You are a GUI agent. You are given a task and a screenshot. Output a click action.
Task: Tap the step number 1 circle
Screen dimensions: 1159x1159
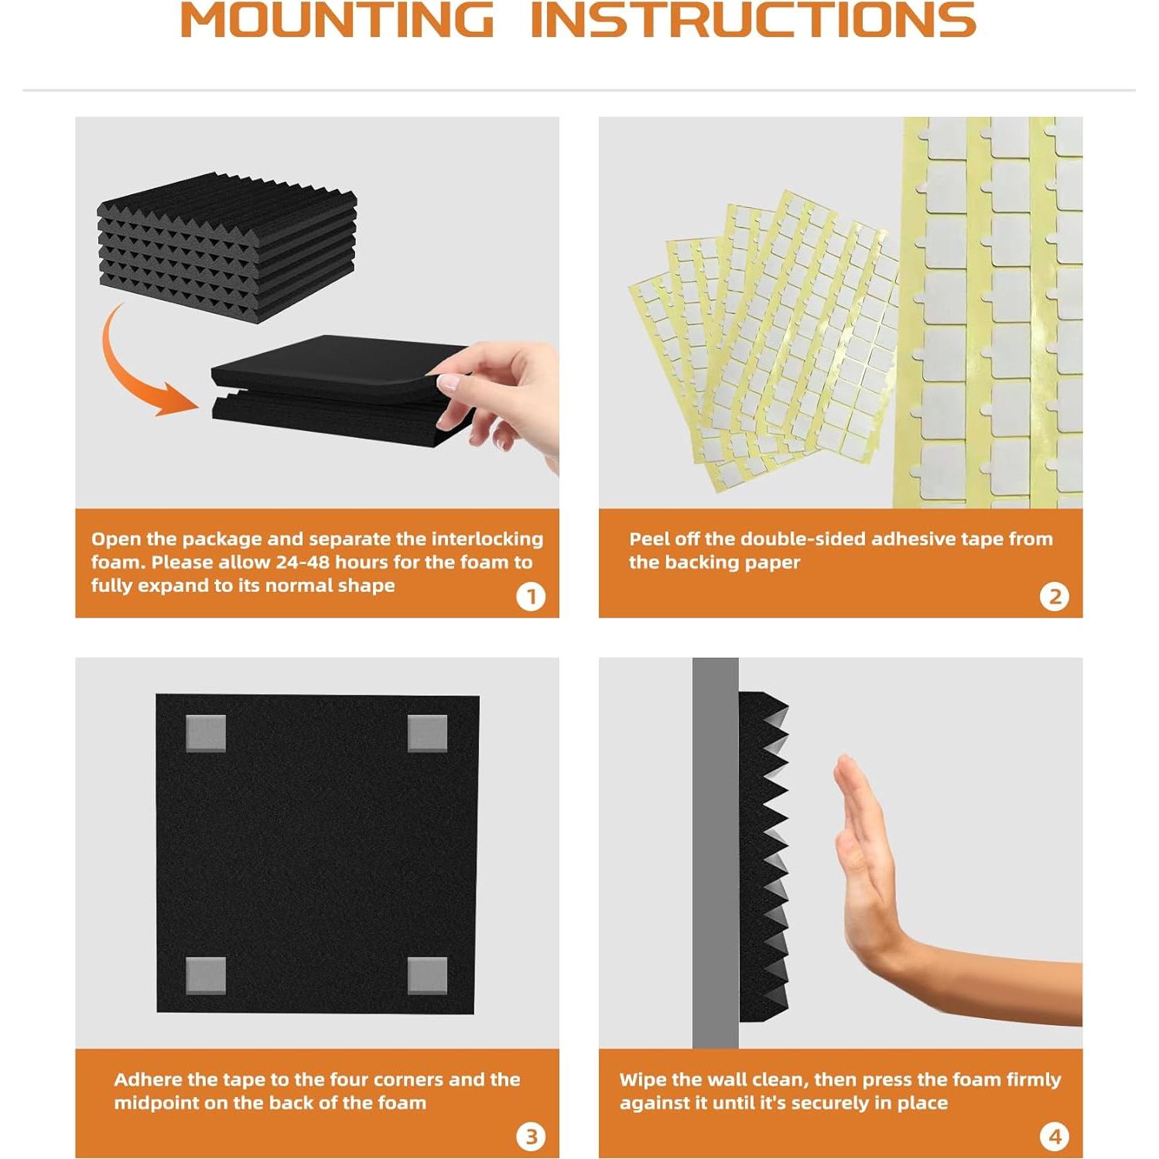click(531, 597)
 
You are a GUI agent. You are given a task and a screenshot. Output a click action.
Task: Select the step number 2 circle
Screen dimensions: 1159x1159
click(1055, 597)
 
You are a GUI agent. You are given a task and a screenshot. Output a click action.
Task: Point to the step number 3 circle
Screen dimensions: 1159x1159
click(531, 1137)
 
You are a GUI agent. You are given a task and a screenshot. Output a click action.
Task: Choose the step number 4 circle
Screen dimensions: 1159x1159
click(1055, 1137)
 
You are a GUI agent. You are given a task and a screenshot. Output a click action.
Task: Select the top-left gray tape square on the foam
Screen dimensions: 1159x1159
click(206, 733)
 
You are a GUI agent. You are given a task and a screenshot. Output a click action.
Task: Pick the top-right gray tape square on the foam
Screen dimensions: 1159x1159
click(427, 733)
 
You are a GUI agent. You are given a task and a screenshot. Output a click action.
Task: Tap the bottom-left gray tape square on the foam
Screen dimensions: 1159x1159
click(206, 976)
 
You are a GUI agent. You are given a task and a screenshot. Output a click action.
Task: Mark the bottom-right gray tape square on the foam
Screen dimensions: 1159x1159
click(427, 976)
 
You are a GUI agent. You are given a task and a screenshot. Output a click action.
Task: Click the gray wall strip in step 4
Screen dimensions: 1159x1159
click(716, 853)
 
